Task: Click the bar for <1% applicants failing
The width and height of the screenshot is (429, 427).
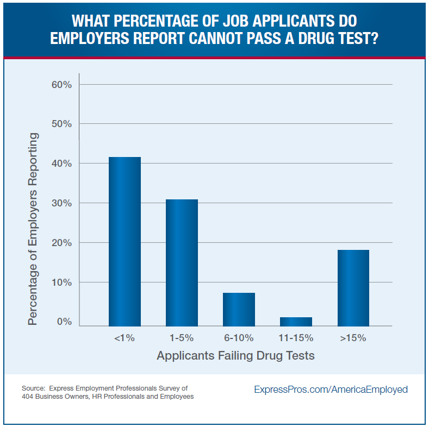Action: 125,241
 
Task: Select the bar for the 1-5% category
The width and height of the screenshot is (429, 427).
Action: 182,262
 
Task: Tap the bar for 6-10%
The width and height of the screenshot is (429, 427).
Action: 239,309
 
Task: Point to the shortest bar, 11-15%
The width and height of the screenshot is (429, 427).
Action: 296,321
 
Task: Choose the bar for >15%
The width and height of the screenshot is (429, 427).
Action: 353,287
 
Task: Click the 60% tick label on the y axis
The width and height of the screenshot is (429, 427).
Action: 61,84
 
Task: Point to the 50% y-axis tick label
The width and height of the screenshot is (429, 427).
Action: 61,124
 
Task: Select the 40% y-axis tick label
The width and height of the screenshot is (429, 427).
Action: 61,164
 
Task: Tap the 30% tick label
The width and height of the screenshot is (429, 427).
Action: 61,203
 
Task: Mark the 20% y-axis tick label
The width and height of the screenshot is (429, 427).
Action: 61,243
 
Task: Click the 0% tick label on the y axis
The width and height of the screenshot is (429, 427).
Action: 64,322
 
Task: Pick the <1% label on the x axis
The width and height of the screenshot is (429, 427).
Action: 125,338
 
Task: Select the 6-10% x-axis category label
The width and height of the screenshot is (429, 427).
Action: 239,338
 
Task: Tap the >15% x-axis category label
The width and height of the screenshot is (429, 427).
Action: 353,338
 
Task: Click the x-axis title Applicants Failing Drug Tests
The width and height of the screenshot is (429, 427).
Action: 235,356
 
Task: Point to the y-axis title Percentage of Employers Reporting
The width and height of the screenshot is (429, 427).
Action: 34,229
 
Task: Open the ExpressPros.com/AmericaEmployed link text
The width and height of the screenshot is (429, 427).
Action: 331,390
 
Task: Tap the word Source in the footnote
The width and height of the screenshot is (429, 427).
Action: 33,388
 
